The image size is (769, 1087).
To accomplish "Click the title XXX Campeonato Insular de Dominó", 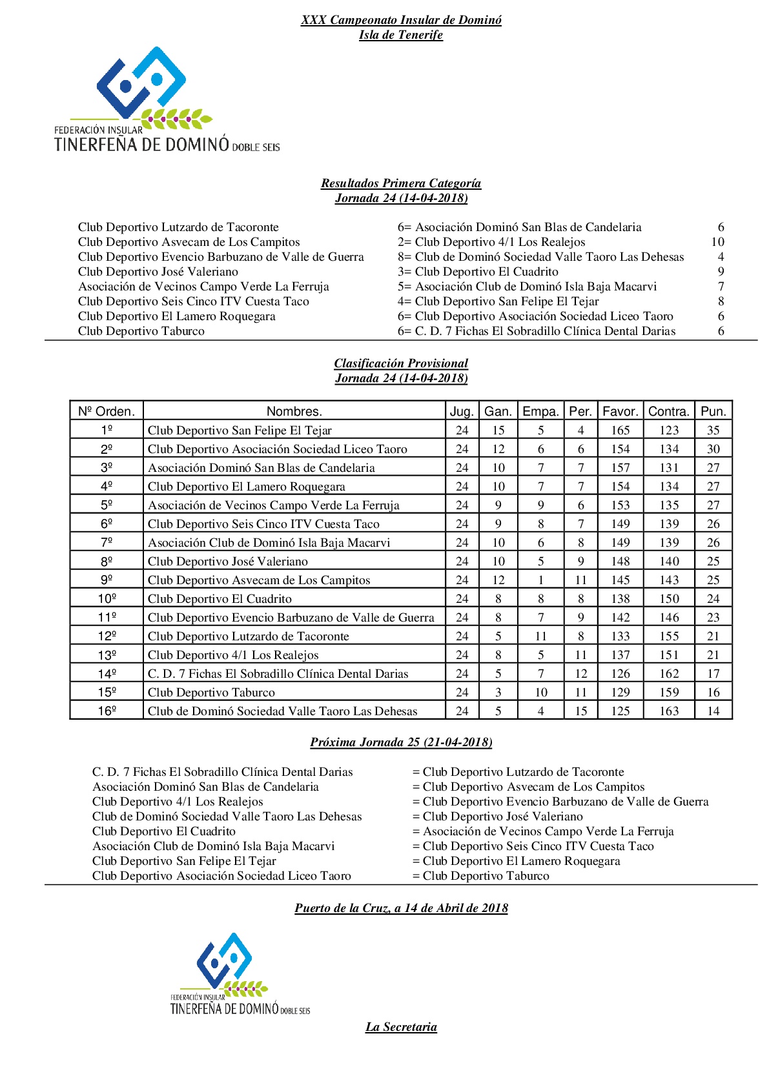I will point(401,20).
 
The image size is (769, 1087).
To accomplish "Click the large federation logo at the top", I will point(167,100).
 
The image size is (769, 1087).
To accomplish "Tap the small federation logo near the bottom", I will point(240,973).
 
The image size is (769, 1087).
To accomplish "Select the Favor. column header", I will point(620,411).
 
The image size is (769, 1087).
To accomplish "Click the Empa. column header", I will point(540,411).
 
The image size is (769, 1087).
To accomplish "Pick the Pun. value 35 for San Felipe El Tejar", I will point(713,431).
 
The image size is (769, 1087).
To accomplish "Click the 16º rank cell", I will point(107,711).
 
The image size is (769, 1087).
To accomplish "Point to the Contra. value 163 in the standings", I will point(669,711).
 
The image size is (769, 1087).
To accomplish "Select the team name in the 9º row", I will point(259,580).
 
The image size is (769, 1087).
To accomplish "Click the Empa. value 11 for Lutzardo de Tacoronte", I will point(540,636).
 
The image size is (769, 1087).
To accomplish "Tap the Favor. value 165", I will point(620,431).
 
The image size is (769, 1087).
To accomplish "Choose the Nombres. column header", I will point(294,411).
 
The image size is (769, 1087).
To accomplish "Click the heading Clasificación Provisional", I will point(401,363).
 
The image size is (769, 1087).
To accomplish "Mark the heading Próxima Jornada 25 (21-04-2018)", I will point(401,742).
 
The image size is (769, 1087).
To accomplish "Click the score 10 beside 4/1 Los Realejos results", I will point(717,242).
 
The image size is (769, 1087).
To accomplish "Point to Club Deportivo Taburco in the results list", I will point(141,331).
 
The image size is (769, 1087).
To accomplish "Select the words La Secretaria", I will point(401,1027).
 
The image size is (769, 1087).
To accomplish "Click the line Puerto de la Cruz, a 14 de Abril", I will point(401,908).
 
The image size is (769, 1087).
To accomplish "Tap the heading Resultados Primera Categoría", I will point(401,183).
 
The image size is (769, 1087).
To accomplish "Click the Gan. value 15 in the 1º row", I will point(498,431).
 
